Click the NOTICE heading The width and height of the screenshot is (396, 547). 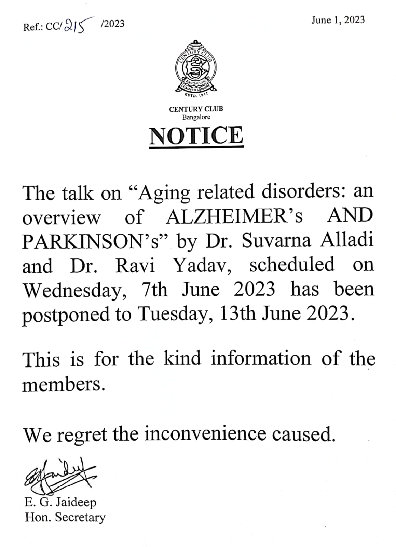pos(196,135)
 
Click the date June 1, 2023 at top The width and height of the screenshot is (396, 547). pos(338,20)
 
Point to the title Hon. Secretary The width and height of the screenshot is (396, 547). pos(65,517)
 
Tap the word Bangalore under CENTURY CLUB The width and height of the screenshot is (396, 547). pos(196,117)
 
